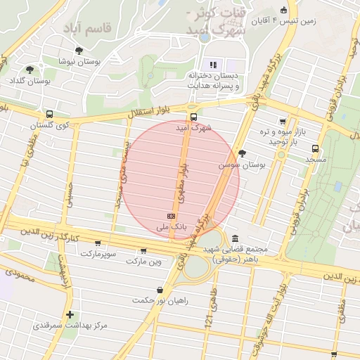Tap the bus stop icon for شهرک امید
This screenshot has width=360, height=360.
(193, 117)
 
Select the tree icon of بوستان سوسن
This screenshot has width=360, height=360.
(243, 153)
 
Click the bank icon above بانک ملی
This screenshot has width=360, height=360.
(171, 216)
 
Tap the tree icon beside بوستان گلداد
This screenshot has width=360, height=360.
(30, 70)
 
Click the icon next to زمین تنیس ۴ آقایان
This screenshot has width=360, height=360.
(283, 11)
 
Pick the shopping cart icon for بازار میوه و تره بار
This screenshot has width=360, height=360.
(283, 122)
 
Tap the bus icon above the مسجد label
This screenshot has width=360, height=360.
(314, 148)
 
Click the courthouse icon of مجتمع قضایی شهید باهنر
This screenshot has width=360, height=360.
(233, 238)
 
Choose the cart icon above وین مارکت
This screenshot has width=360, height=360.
(143, 250)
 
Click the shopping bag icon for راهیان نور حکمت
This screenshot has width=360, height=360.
(160, 289)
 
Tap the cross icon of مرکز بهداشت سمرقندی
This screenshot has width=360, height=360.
(69, 314)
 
